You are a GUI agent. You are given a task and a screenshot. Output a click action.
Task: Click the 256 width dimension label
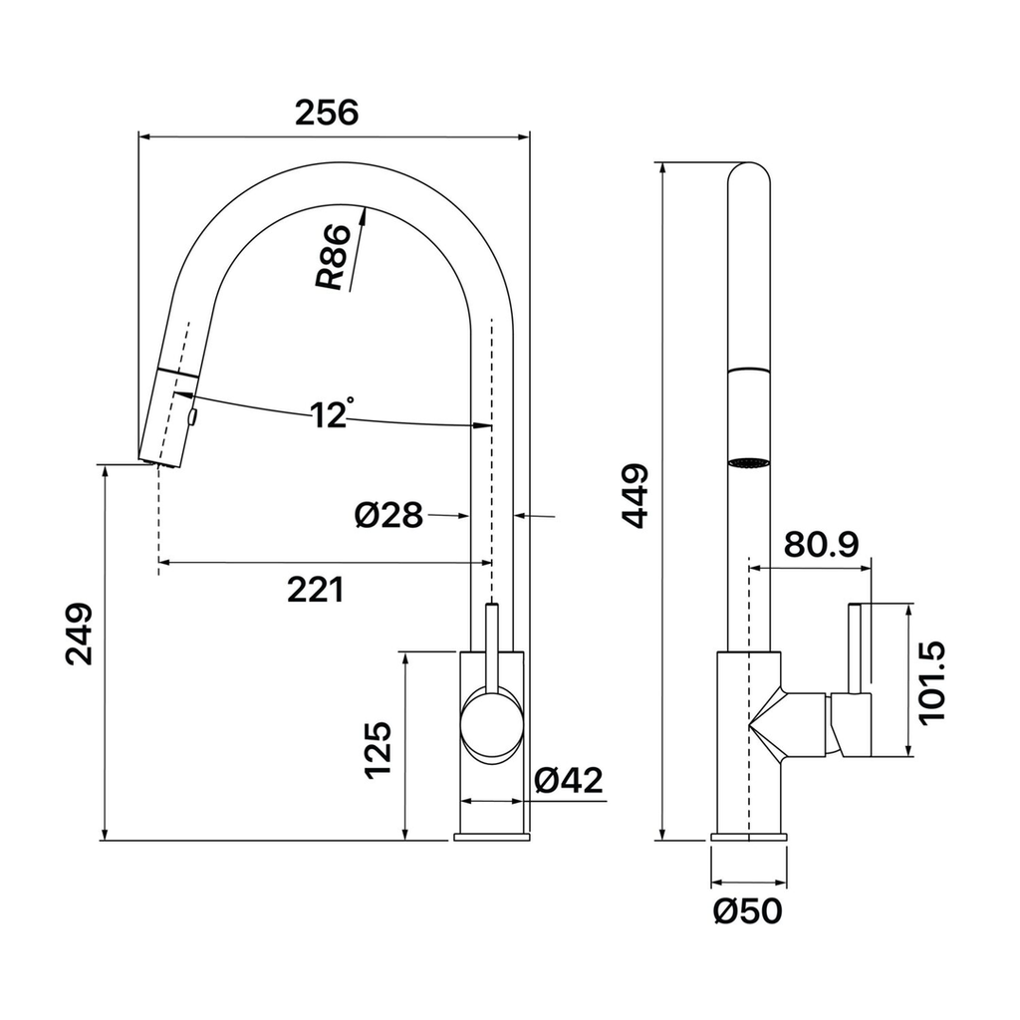(327, 113)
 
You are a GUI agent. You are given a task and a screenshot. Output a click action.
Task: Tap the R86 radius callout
(333, 257)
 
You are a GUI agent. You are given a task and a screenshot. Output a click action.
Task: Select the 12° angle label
(332, 413)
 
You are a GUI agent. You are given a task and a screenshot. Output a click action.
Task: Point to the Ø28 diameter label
(388, 516)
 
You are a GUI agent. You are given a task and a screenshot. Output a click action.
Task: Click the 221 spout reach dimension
(316, 590)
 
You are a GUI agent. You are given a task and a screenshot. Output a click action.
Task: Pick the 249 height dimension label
(80, 635)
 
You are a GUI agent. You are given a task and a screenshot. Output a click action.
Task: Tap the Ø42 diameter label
(569, 779)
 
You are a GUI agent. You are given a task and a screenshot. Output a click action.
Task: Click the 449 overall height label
(635, 496)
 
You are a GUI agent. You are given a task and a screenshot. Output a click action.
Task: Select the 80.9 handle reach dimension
(821, 545)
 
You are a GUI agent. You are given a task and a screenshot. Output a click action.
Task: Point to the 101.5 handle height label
(931, 681)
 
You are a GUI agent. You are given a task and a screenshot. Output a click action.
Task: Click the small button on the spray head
(192, 417)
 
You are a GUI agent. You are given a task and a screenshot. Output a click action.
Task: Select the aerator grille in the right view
(749, 463)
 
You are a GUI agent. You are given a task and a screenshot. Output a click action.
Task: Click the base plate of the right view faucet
(749, 837)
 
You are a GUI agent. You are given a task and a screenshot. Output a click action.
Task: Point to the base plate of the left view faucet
(491, 837)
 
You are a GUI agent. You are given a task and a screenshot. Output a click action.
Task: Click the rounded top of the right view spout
(749, 172)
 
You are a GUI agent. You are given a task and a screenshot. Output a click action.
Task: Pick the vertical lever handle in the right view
(855, 648)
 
